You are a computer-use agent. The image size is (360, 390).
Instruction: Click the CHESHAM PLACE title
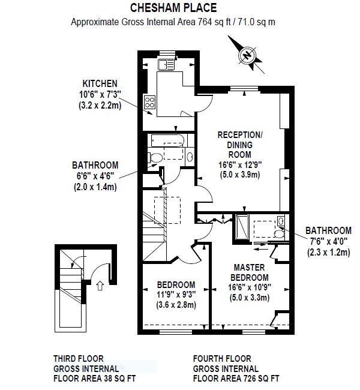[173, 8]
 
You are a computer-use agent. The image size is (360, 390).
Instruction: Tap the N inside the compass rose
[247, 55]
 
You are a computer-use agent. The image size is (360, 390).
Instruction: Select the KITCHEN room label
[100, 83]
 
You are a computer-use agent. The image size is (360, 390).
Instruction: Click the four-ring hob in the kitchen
[149, 102]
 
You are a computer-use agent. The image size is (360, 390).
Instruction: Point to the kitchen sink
[166, 65]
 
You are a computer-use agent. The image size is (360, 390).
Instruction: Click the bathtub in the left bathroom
[167, 140]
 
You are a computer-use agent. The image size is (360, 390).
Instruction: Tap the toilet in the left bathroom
[155, 157]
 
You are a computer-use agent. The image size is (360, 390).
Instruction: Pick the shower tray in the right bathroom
[242, 226]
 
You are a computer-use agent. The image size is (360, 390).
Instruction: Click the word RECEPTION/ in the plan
[240, 135]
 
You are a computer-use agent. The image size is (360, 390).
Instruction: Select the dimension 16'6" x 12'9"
[240, 165]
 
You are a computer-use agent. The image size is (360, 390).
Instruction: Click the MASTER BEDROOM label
[250, 272]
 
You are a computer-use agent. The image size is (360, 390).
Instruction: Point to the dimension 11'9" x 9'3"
[176, 295]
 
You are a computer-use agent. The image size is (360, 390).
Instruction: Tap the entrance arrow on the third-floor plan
[100, 286]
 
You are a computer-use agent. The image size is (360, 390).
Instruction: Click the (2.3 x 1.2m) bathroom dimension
[328, 253]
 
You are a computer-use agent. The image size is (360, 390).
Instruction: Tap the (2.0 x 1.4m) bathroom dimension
[95, 187]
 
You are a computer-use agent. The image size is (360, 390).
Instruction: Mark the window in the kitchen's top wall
[167, 53]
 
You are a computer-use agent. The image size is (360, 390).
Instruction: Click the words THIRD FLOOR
[79, 359]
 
